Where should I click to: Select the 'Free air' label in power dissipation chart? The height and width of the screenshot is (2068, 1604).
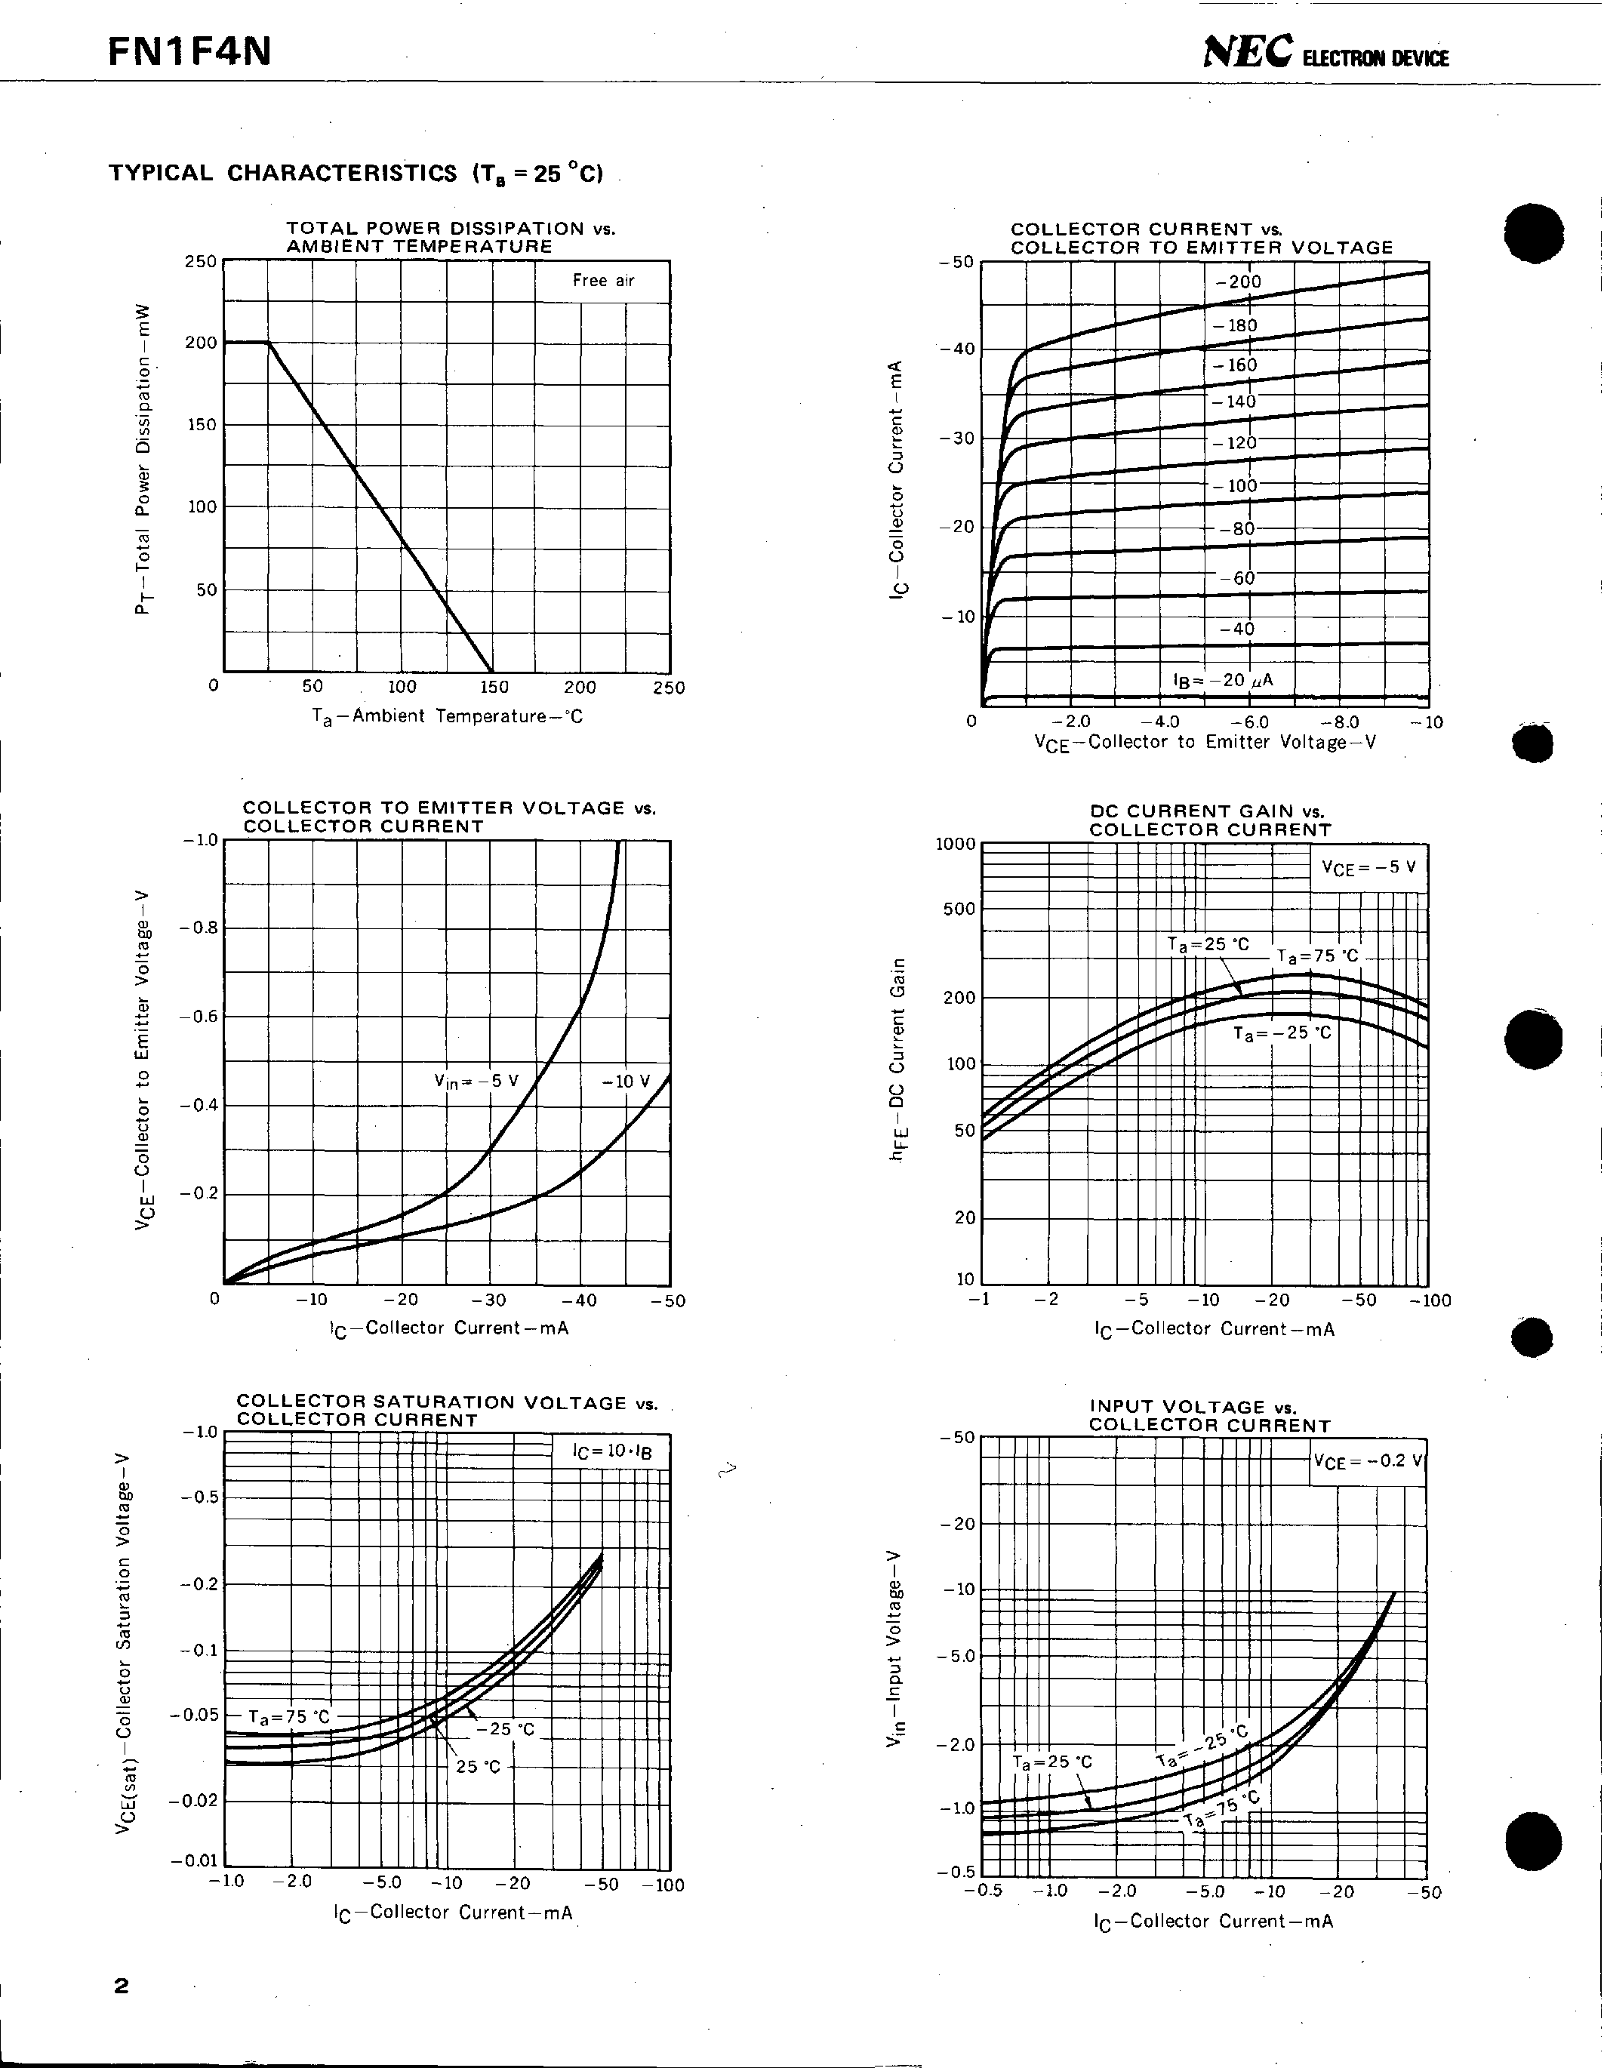point(603,280)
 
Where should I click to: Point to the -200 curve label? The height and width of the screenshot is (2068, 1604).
point(1239,282)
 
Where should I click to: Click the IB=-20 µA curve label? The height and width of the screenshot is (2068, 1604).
point(1222,680)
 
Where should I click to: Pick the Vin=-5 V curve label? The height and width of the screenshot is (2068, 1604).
point(476,1080)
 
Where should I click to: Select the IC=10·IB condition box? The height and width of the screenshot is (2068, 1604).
point(611,1451)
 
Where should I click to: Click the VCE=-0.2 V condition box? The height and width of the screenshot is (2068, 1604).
point(1367,1460)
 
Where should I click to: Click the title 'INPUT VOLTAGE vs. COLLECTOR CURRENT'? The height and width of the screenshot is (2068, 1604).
point(1209,1416)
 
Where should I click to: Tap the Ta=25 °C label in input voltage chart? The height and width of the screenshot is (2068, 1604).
point(1052,1762)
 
